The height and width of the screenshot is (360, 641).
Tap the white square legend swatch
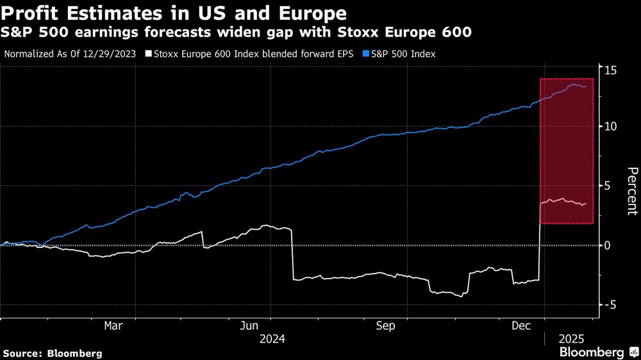pos(149,54)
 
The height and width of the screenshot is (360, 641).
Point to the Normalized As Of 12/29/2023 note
pos(71,54)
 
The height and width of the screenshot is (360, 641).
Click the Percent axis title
pos(631,190)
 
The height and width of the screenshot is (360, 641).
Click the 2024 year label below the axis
pos(272,339)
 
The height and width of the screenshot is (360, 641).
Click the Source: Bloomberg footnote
pos(53,353)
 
